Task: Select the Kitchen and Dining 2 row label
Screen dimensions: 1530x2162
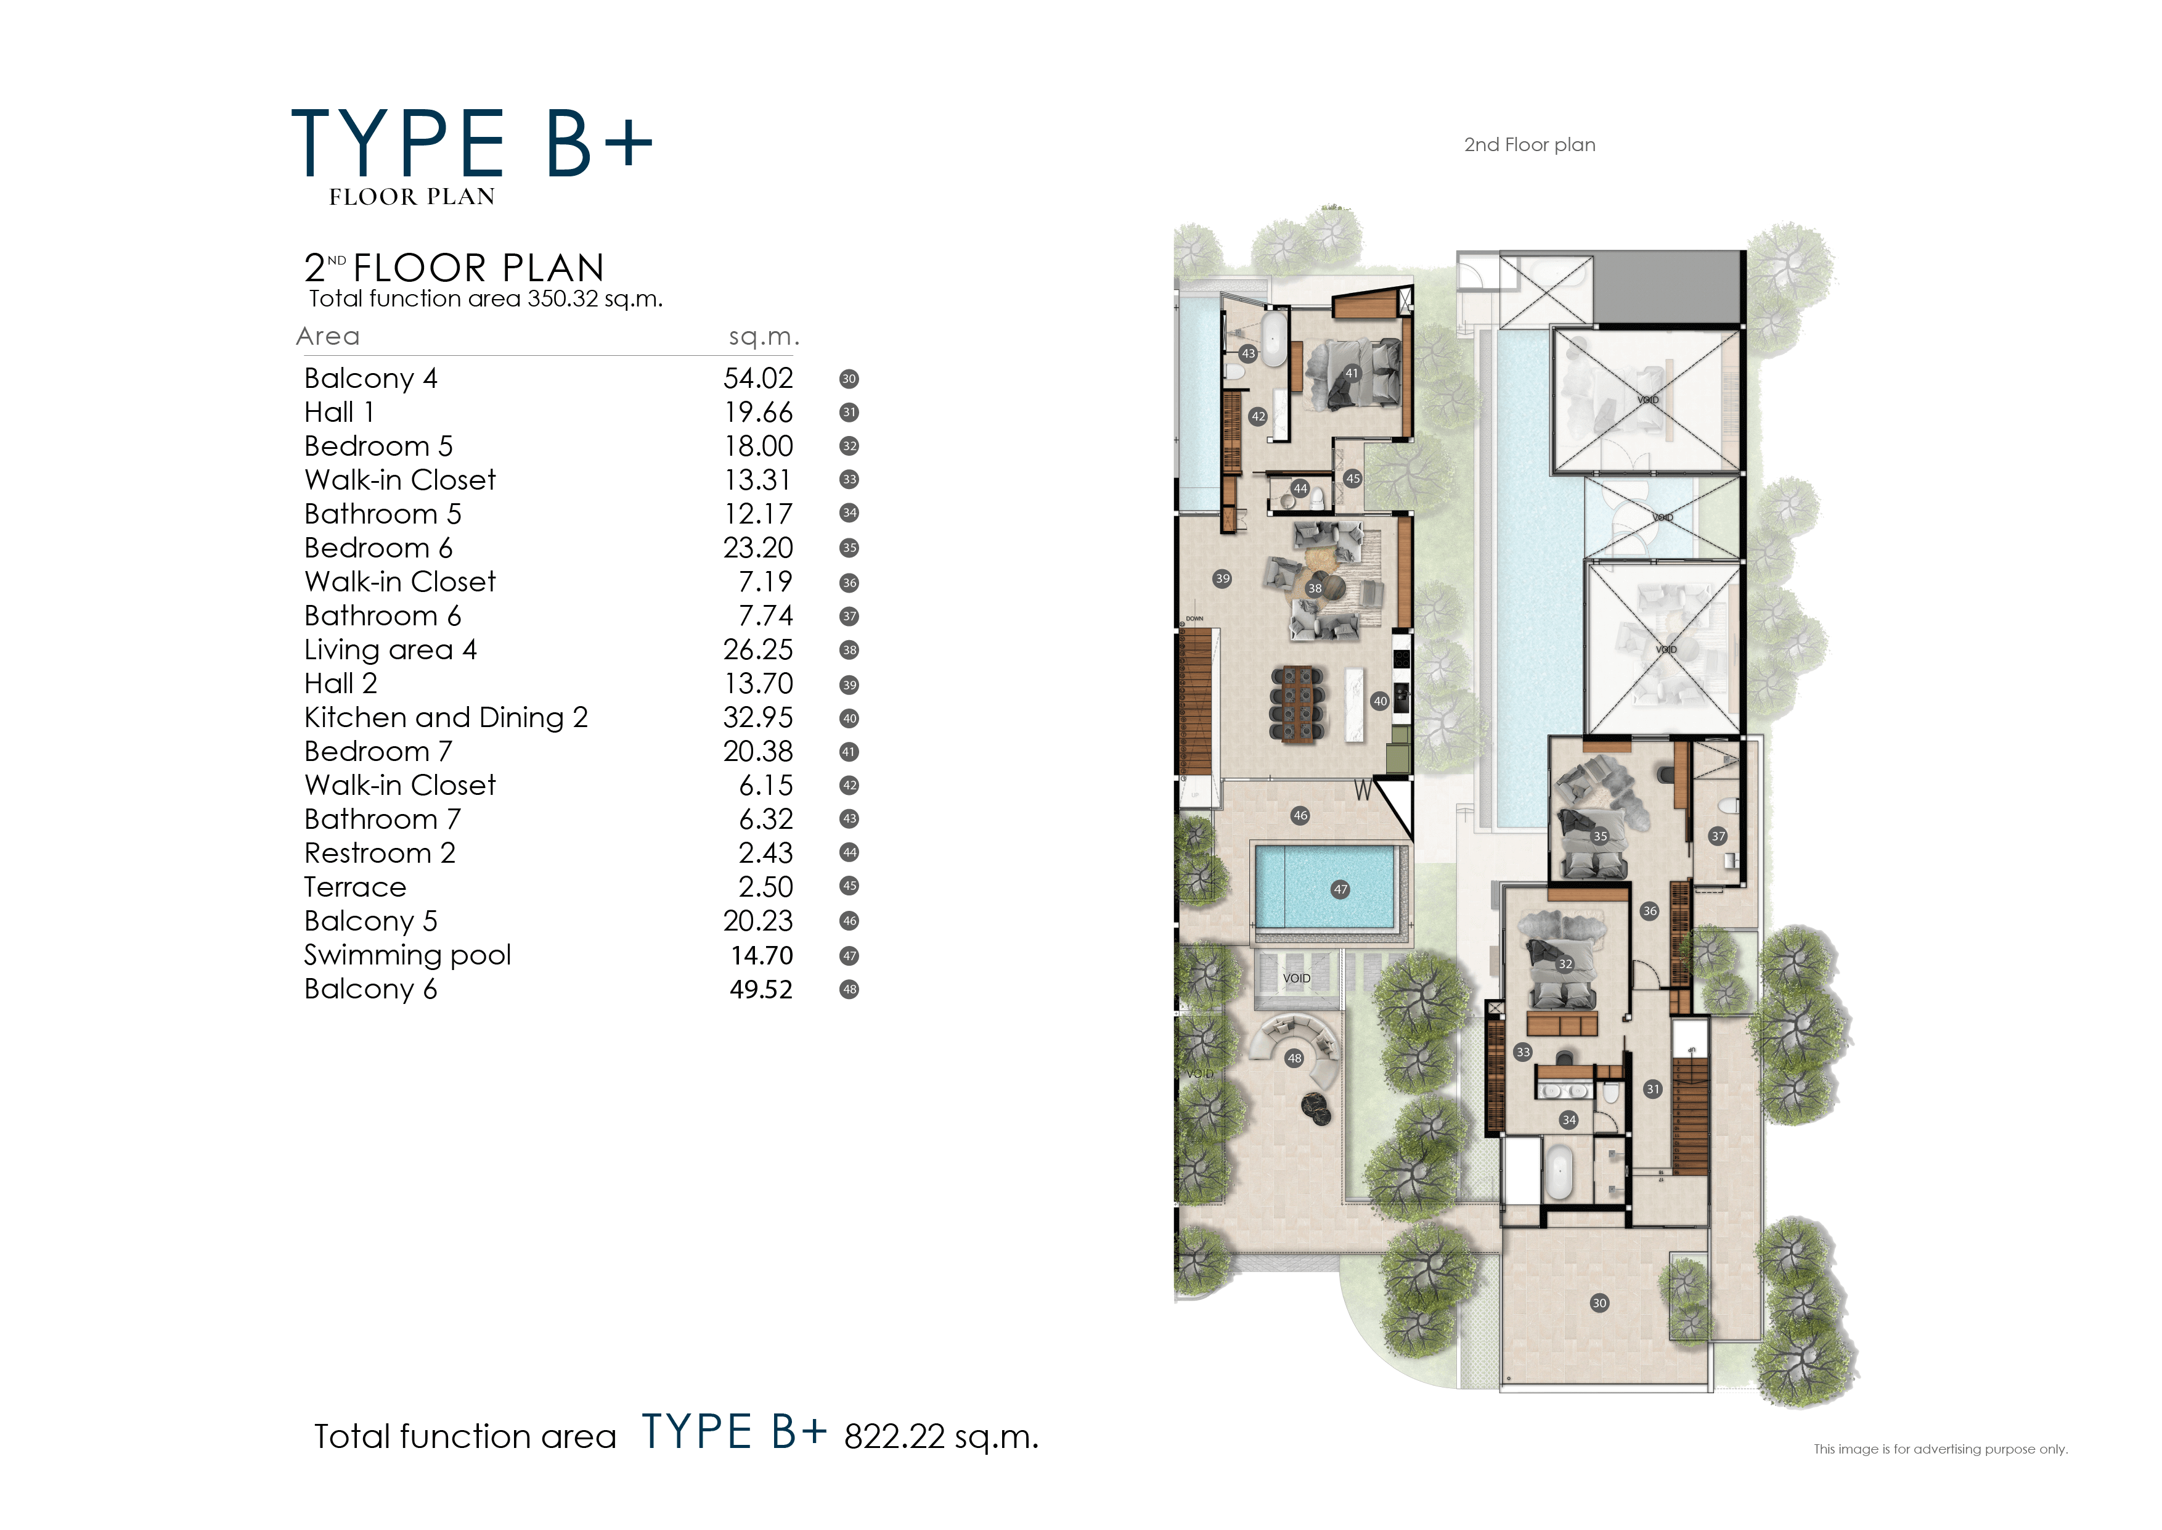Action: [x=446, y=718]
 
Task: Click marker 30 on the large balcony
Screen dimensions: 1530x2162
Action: [x=1599, y=1303]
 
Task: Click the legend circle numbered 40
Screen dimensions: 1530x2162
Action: [x=849, y=719]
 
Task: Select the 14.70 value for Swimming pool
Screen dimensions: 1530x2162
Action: [x=761, y=955]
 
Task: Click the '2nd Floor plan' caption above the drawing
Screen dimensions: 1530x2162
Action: [x=1529, y=145]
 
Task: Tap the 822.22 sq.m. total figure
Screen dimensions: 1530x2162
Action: [x=940, y=1437]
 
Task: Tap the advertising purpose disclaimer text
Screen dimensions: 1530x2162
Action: [x=1940, y=1449]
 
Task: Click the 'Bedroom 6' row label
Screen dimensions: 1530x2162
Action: [x=378, y=548]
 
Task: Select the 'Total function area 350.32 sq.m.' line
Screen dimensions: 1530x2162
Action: [x=485, y=300]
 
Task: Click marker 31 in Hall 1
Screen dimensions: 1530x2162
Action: [x=1652, y=1089]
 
